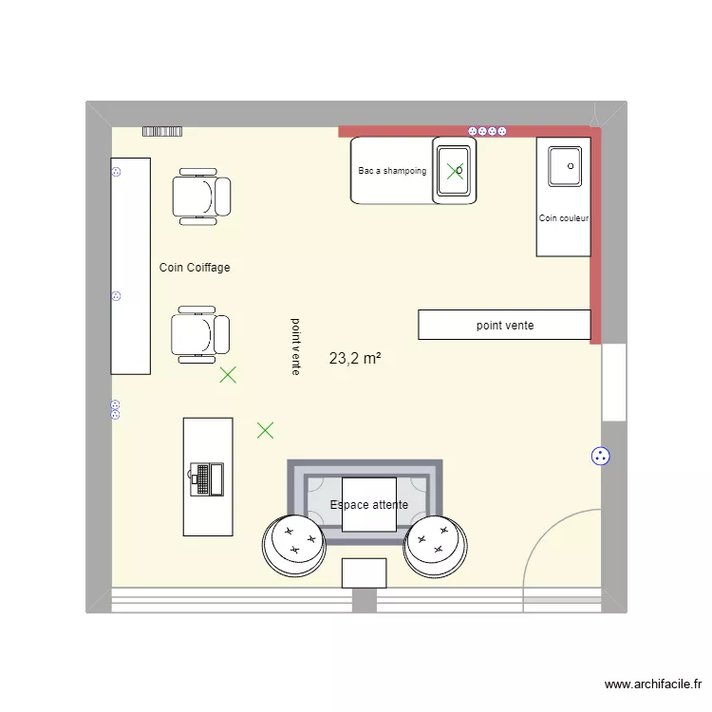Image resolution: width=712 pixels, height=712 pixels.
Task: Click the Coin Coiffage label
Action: [x=195, y=268]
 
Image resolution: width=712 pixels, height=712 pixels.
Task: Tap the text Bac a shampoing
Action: [x=392, y=171]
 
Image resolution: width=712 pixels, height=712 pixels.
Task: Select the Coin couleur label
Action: [x=564, y=218]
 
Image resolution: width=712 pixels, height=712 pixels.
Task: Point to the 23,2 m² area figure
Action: [x=355, y=359]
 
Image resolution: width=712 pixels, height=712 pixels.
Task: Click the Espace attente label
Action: [x=369, y=505]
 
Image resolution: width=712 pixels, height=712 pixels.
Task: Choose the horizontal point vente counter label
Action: [x=505, y=326]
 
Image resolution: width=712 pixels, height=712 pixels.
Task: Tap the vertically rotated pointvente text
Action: [x=296, y=347]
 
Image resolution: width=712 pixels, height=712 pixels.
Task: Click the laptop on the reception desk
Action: [x=206, y=478]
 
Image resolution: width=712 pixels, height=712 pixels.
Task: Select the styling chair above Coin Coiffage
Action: [x=201, y=197]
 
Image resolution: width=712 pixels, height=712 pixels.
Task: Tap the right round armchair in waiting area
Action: [x=436, y=546]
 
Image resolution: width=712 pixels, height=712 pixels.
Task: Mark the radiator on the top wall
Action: [x=161, y=131]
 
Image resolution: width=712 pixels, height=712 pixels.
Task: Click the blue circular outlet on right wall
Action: [x=600, y=457]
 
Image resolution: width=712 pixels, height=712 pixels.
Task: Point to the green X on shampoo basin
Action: [x=456, y=171]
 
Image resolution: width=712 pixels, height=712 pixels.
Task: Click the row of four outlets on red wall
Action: [x=487, y=131]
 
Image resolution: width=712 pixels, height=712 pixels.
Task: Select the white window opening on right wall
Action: [x=614, y=382]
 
